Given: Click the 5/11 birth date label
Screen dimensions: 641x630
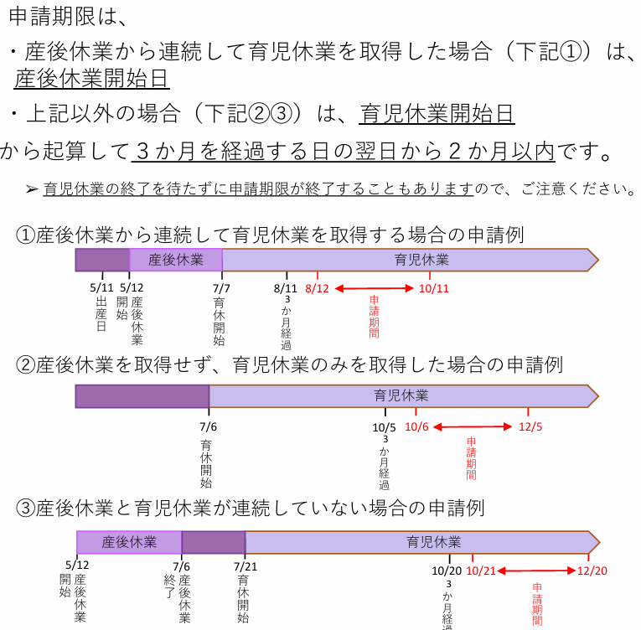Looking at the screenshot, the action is (x=101, y=288).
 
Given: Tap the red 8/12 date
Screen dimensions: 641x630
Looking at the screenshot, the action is (x=317, y=289).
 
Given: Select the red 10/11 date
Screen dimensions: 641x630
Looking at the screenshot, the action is (x=434, y=289).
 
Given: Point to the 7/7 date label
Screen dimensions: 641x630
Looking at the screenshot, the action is (x=221, y=289).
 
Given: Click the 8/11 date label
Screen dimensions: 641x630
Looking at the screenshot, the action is (x=286, y=289).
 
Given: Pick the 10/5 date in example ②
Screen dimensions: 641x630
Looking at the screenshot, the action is (x=385, y=427).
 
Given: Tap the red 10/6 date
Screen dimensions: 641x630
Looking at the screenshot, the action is (x=416, y=426).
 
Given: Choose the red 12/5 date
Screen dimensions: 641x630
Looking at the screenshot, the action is (x=530, y=426).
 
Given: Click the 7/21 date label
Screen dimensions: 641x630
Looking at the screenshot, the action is (x=246, y=566).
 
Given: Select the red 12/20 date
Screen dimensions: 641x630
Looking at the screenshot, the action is (x=592, y=571).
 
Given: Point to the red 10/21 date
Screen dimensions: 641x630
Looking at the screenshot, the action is (x=481, y=571).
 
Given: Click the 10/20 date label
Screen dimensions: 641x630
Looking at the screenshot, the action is (x=447, y=571).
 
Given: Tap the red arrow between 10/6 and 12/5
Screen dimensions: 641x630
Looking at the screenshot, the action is (x=473, y=426).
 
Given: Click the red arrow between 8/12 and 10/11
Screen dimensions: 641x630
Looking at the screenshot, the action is (x=374, y=289).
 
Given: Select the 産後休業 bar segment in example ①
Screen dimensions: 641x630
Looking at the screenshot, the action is (x=176, y=260).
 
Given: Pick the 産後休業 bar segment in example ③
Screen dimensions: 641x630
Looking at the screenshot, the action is (x=129, y=543).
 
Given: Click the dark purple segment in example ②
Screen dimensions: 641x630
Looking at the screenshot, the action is (x=142, y=396).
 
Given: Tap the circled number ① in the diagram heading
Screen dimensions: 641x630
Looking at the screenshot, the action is (x=25, y=235).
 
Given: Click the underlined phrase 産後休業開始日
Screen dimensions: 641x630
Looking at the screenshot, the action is (x=91, y=78).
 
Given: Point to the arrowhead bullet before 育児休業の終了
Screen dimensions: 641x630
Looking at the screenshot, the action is (x=32, y=189).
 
